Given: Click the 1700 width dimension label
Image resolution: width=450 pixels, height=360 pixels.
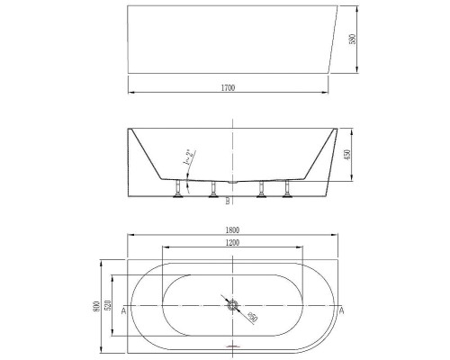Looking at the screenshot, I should coord(229,87).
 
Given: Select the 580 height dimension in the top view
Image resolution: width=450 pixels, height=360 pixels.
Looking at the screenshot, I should coord(355,40).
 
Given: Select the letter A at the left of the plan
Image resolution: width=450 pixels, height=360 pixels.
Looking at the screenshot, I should coord(122,310).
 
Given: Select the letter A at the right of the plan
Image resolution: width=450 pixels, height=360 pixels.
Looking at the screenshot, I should coord(342,310).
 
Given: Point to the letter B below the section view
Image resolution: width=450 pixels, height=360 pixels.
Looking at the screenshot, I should coord(227,200).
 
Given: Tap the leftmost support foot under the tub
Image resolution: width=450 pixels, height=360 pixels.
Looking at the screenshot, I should coord(179,189).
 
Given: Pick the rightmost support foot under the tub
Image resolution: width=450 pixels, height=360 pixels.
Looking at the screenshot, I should coord(289,189).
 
